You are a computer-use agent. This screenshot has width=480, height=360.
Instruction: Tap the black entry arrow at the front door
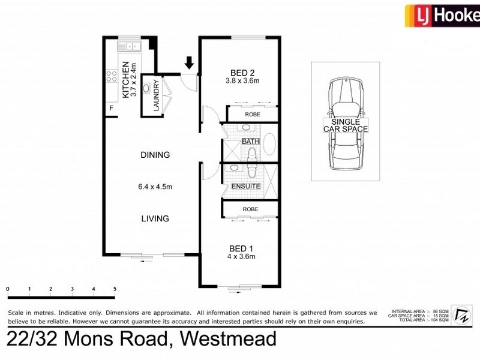click(x=190, y=62)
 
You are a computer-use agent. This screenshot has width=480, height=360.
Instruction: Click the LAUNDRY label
click(x=155, y=96)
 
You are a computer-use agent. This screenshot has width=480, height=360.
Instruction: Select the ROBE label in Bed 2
click(x=251, y=114)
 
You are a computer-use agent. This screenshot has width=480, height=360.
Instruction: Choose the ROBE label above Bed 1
click(x=250, y=209)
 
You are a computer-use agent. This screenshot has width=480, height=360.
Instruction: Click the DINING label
click(x=155, y=155)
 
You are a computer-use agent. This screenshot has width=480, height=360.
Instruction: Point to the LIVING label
click(x=155, y=218)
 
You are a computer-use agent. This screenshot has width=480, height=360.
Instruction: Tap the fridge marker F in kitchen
click(x=111, y=108)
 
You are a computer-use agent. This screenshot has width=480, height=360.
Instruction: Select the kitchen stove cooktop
click(x=112, y=76)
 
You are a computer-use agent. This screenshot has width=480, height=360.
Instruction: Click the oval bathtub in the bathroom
click(x=269, y=144)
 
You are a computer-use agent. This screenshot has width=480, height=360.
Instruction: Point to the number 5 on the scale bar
click(x=115, y=289)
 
